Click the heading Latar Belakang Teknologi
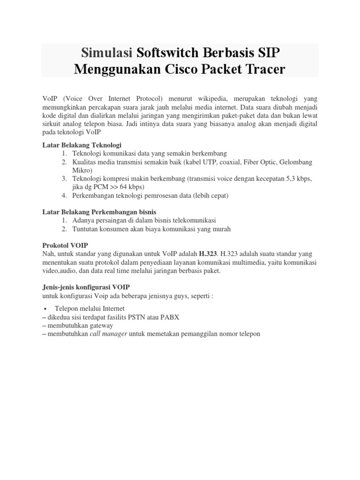[82, 145]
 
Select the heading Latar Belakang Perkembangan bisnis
[99, 212]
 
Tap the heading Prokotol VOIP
[65, 245]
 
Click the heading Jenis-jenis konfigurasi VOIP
[86, 287]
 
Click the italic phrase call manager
[108, 334]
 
